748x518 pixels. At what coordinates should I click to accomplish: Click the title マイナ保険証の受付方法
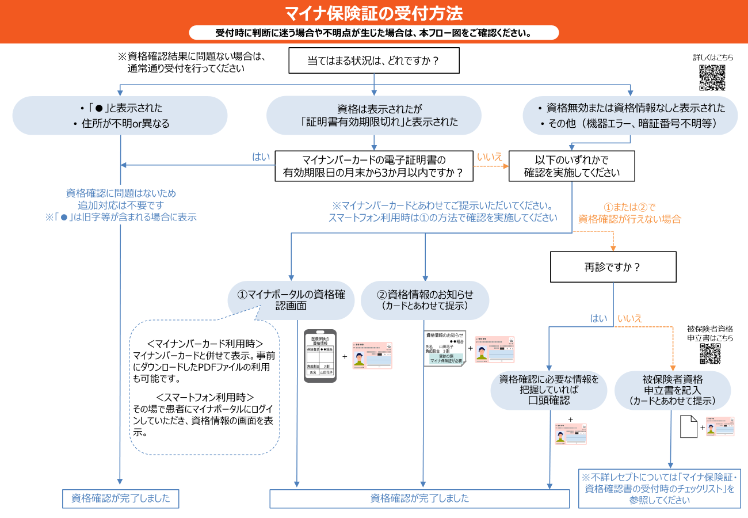tap(374, 13)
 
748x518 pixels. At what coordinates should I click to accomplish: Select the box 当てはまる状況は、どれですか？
tap(374, 60)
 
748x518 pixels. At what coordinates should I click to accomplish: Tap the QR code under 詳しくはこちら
tap(712, 78)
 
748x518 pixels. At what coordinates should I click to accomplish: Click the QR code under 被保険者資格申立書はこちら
tap(710, 353)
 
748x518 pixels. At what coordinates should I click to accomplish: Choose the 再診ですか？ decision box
tap(613, 267)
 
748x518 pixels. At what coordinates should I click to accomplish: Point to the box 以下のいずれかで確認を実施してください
tap(571, 166)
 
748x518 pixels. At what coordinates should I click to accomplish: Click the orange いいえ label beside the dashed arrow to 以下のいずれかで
tap(490, 157)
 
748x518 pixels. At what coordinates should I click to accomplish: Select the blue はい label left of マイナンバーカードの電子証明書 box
tap(261, 157)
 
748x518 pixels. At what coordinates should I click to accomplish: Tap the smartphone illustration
tap(320, 356)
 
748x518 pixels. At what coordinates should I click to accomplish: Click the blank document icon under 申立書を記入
tap(689, 426)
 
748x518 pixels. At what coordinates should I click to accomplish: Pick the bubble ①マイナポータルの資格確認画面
tap(291, 300)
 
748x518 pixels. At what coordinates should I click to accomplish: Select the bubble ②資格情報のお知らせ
tap(425, 300)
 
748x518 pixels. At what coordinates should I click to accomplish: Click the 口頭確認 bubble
tap(548, 390)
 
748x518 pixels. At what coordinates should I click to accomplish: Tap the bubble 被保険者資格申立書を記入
tap(673, 390)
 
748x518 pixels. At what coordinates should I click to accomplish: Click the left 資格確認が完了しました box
tap(120, 498)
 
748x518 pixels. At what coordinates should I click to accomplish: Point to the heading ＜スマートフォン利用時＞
tap(205, 397)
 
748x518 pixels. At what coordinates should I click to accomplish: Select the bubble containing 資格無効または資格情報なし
tap(630, 115)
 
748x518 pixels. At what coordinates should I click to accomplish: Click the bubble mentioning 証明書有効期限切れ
tap(373, 115)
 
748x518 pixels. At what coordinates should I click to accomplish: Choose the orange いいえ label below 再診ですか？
tap(629, 318)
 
